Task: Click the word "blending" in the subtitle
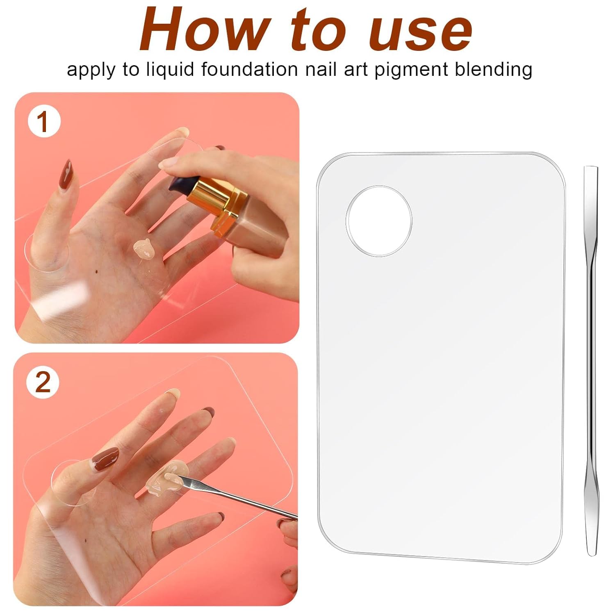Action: coord(494,70)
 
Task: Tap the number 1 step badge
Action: coord(44,122)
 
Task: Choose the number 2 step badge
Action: coord(43,382)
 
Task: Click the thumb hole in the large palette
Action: coord(379,222)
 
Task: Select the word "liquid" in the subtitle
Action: coord(170,70)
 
